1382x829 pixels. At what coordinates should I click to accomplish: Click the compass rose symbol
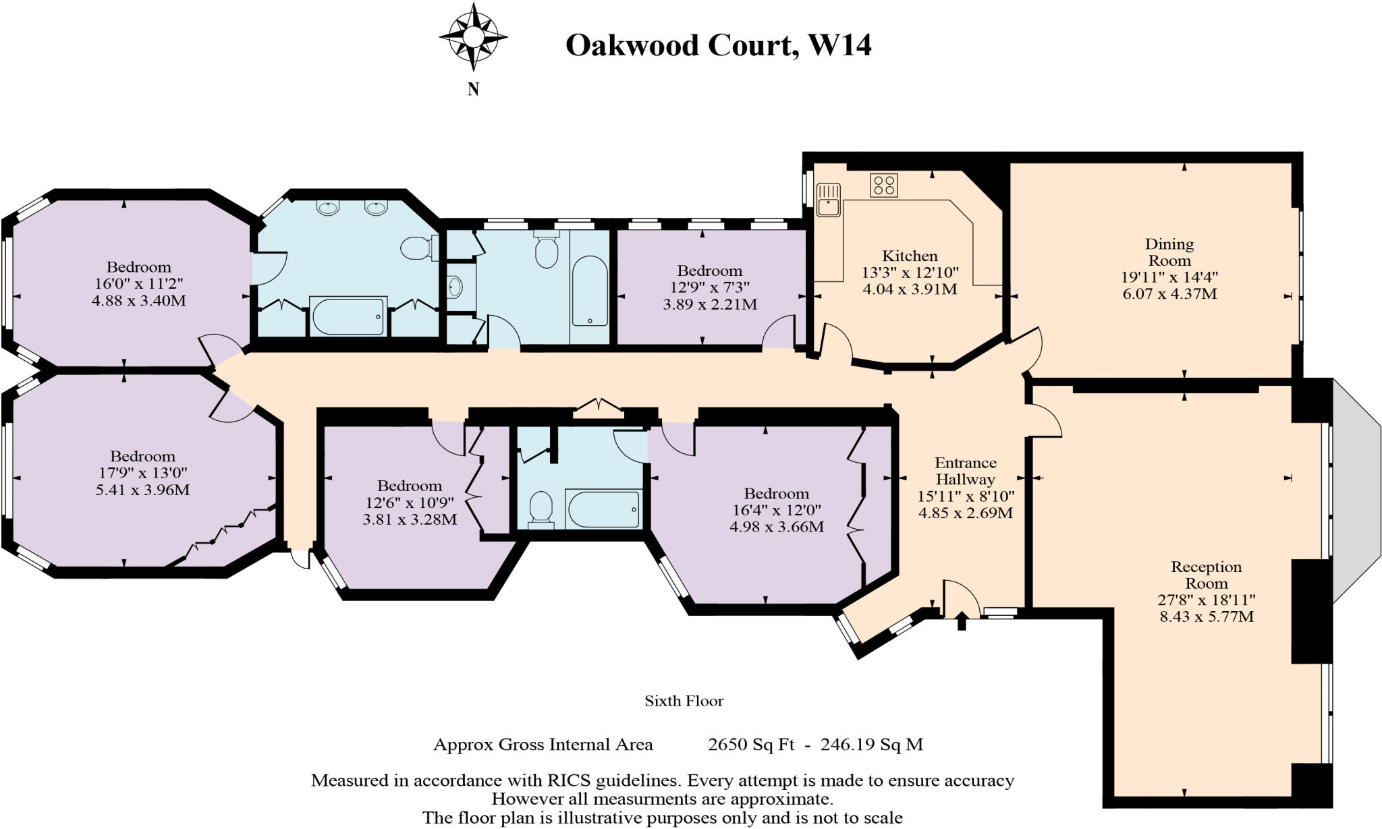pos(473,36)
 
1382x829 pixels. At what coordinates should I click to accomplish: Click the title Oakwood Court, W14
pos(718,45)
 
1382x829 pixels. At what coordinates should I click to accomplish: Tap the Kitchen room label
pos(910,256)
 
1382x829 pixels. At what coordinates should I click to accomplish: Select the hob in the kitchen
pos(884,185)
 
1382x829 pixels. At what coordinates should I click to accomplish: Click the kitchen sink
pos(828,199)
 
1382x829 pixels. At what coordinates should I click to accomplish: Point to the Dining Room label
pos(1169,252)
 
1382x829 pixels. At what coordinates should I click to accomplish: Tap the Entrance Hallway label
pos(965,471)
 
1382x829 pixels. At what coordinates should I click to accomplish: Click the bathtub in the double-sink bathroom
pos(348,316)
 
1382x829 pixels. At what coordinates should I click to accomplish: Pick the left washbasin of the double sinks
pos(328,208)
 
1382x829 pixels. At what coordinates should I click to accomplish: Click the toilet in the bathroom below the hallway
pos(541,509)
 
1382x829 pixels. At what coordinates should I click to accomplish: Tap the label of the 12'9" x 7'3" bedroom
pos(710,270)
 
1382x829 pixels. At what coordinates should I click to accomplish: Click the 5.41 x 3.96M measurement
pos(142,490)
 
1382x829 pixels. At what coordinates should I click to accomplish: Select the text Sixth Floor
pos(684,701)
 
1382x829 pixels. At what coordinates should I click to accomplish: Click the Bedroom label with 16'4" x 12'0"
pos(776,494)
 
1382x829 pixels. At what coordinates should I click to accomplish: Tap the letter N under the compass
pos(473,89)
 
